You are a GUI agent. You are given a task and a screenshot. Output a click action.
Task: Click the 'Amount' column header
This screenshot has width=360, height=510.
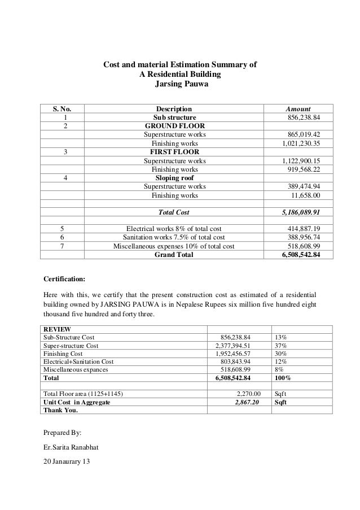pyautogui.click(x=298, y=109)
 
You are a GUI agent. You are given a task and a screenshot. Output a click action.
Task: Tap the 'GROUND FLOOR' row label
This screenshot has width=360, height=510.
pyautogui.click(x=174, y=126)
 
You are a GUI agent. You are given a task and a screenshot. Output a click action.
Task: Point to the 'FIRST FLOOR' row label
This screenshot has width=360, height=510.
pyautogui.click(x=174, y=152)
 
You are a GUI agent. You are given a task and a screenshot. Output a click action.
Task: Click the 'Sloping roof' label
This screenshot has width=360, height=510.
pyautogui.click(x=174, y=178)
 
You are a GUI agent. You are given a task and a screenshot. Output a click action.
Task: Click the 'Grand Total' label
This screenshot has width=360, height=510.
pyautogui.click(x=174, y=255)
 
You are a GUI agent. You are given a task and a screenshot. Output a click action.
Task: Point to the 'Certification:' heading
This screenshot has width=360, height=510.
pyautogui.click(x=65, y=278)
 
